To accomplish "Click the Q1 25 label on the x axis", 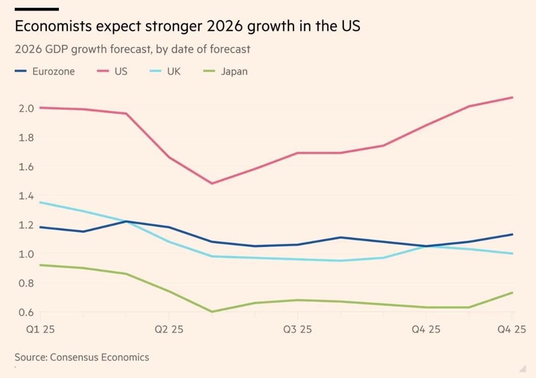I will point(41,330).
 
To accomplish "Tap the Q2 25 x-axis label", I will point(169,330).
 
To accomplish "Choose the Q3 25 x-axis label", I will point(297,330).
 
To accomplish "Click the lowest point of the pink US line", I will point(212,183).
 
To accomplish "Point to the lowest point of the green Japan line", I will point(212,312).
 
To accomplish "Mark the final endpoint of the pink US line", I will point(512,97).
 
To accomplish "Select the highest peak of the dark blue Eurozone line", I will point(126,221).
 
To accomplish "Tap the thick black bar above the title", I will point(37,9).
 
